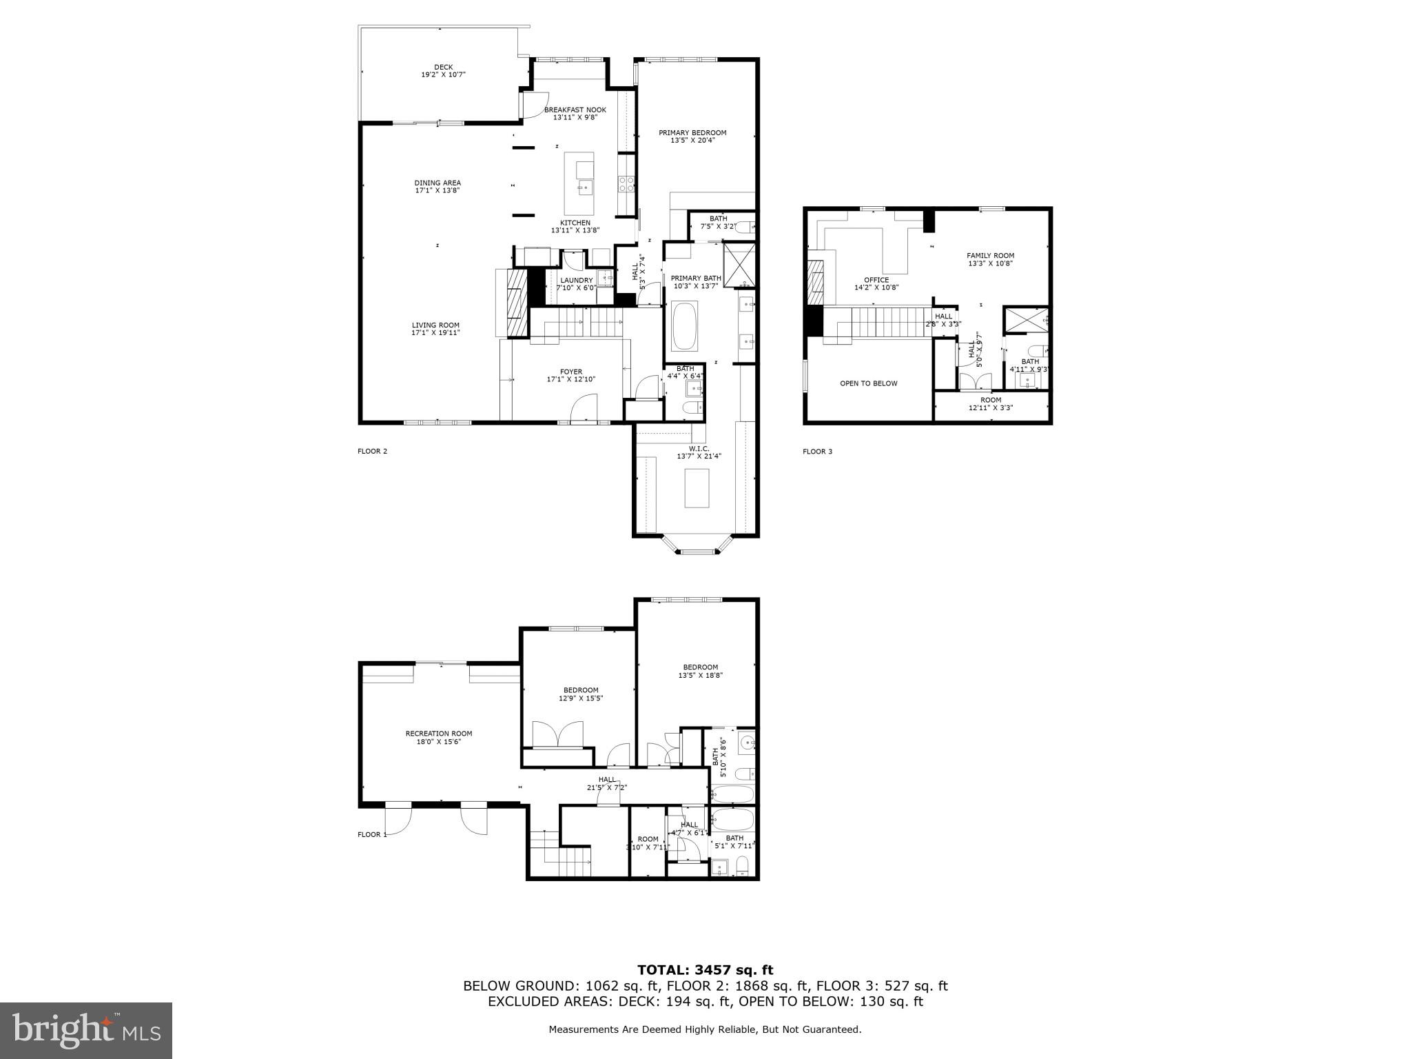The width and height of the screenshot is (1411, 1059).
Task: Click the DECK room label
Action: [x=443, y=68]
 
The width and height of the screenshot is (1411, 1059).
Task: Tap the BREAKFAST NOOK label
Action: [x=575, y=110]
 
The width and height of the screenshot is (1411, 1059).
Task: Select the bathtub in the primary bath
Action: [x=684, y=326]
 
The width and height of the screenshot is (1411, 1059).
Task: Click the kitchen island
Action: [x=579, y=183]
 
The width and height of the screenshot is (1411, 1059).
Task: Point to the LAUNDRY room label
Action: [x=576, y=281]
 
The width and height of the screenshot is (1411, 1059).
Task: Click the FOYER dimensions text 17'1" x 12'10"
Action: [x=570, y=379]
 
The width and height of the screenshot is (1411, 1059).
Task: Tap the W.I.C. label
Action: [x=698, y=449]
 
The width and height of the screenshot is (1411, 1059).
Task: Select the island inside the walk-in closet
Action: [x=697, y=487]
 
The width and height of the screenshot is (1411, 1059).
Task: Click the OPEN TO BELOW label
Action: [x=868, y=383]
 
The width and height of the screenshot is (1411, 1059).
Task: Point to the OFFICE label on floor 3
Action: [x=876, y=280]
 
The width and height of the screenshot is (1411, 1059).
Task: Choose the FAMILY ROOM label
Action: [x=990, y=256]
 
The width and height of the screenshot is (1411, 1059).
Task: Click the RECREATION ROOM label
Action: [x=438, y=734]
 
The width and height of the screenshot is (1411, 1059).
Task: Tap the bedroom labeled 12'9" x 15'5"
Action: [x=580, y=690]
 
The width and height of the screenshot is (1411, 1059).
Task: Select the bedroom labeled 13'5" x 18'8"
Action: [x=700, y=667]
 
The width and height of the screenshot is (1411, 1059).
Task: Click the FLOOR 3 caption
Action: [x=817, y=452]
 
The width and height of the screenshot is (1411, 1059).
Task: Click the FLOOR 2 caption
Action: [x=372, y=452]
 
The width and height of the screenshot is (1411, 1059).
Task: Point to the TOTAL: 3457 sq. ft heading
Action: [x=705, y=970]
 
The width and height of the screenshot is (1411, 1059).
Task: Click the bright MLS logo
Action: [x=86, y=1030]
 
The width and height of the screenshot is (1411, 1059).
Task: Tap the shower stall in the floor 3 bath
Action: [x=1024, y=321]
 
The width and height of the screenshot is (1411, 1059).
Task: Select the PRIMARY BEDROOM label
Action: [x=692, y=133]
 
